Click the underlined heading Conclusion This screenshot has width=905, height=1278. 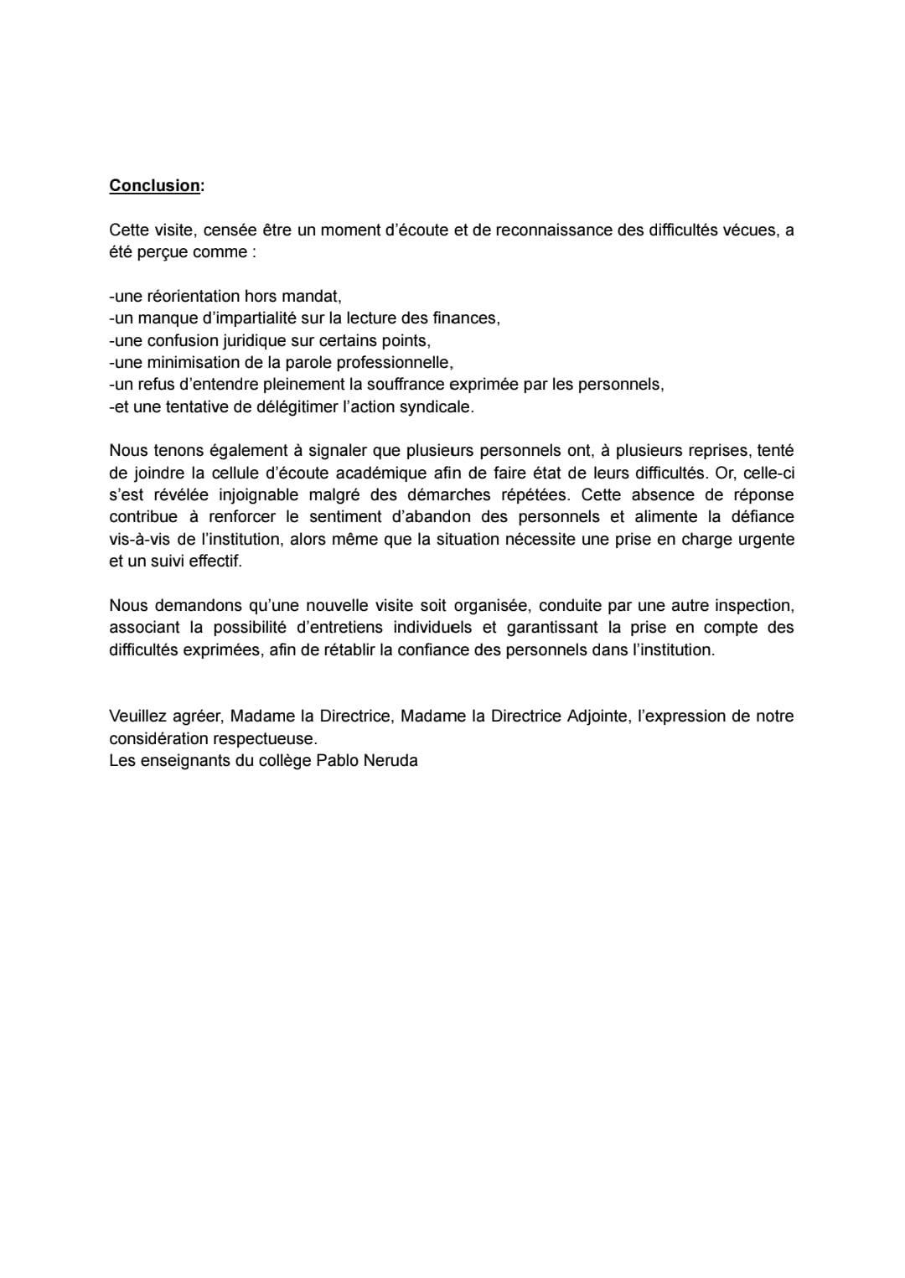(x=154, y=186)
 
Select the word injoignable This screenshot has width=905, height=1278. (x=255, y=494)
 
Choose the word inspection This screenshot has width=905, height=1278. (x=753, y=605)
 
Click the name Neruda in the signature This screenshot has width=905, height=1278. (x=390, y=761)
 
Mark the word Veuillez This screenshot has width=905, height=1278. (x=137, y=716)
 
